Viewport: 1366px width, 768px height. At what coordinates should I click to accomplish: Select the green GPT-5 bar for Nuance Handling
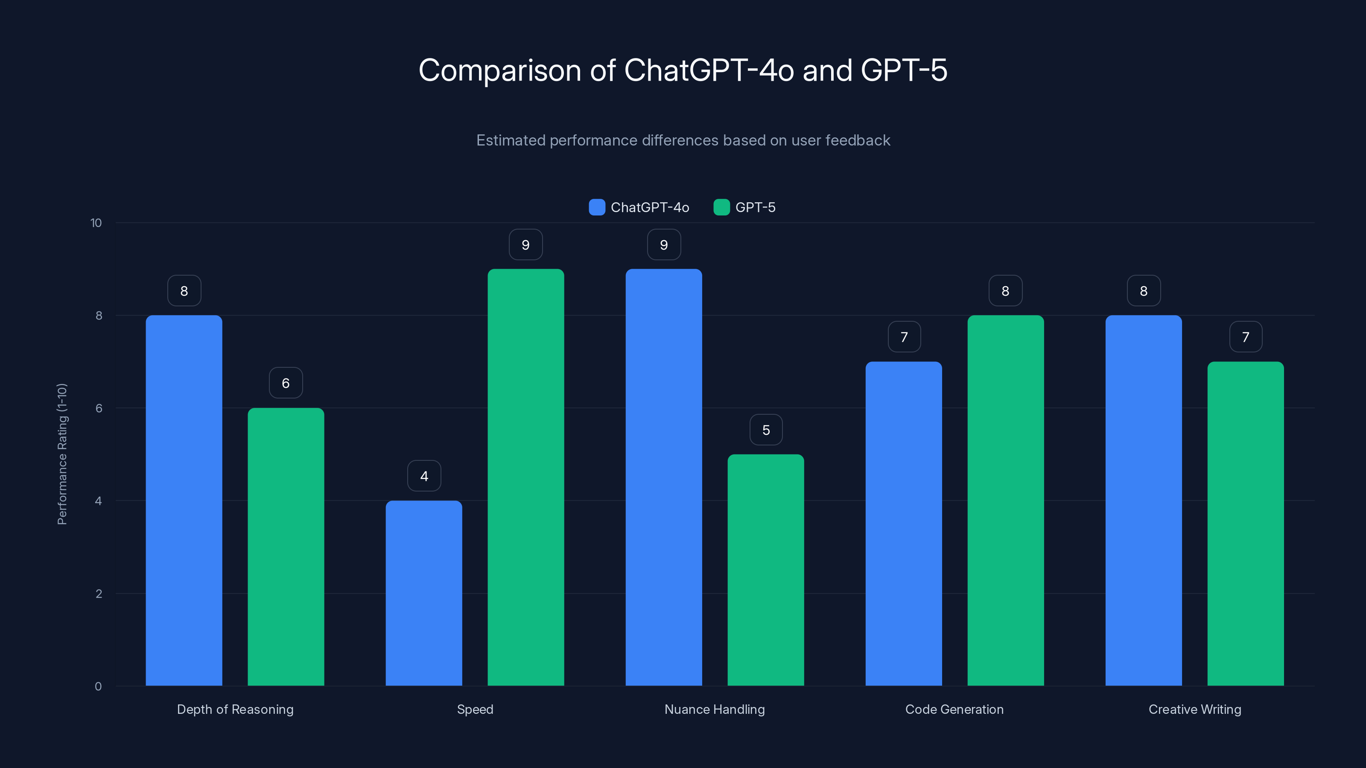(765, 570)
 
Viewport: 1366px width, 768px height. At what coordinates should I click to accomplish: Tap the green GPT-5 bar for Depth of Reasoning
(286, 547)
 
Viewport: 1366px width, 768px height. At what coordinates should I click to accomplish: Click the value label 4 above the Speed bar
(424, 476)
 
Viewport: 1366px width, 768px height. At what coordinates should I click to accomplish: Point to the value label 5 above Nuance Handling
(766, 430)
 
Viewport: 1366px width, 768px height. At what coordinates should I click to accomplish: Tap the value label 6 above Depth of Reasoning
(286, 383)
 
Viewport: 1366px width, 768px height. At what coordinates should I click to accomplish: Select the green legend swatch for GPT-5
(721, 207)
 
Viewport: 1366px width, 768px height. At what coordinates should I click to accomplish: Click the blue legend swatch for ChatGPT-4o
(597, 207)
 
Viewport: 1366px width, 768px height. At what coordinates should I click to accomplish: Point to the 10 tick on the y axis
(96, 223)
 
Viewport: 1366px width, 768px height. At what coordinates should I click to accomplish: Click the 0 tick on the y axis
(98, 687)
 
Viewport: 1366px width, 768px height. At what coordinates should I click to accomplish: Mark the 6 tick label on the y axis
(99, 408)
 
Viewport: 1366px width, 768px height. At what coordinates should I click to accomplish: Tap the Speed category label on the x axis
(475, 709)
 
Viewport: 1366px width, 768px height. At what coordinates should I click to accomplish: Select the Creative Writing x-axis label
(1195, 709)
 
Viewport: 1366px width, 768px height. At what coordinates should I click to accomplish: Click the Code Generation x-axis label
(954, 709)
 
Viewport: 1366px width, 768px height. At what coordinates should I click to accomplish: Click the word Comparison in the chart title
(500, 70)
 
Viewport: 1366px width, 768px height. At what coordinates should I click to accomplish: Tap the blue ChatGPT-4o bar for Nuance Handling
(663, 477)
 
